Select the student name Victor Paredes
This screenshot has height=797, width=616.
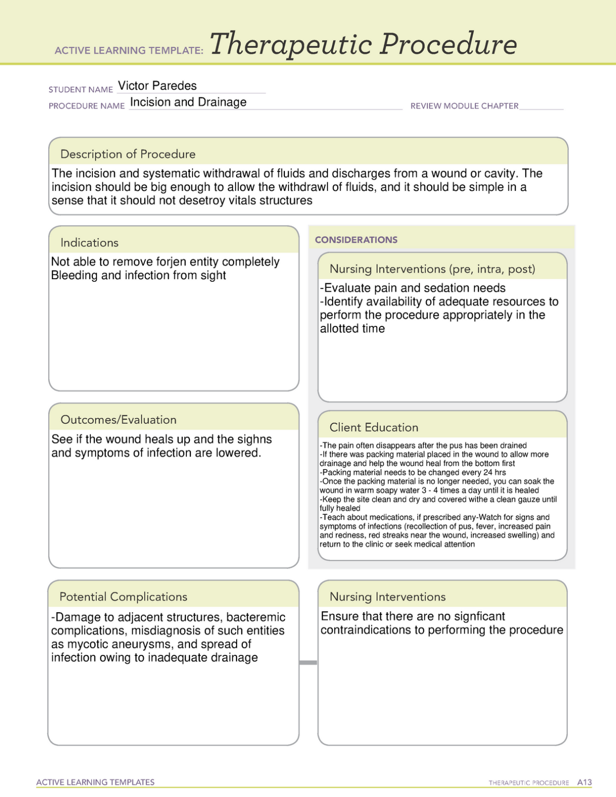click(157, 86)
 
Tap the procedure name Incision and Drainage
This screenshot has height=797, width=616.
click(188, 102)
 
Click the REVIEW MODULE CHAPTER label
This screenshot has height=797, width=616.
click(464, 106)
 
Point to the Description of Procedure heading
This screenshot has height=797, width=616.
click(128, 154)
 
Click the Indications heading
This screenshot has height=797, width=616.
click(89, 243)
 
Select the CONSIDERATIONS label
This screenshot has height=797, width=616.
click(356, 240)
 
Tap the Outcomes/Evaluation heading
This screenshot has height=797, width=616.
click(118, 420)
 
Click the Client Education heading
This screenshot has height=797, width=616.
click(374, 428)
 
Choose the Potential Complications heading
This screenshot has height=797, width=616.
click(123, 597)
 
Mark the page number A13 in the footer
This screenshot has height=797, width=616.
click(584, 782)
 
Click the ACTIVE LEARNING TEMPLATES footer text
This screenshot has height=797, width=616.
click(95, 782)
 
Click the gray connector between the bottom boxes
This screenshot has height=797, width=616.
click(308, 663)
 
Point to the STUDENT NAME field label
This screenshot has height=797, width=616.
click(80, 90)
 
